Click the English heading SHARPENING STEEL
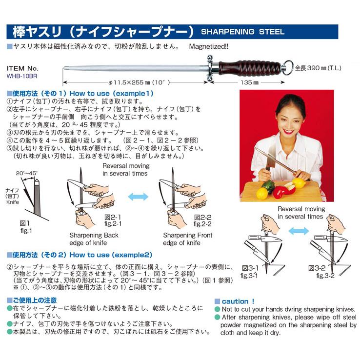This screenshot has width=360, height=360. [x=242, y=32]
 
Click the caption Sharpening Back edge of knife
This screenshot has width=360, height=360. [x=94, y=239]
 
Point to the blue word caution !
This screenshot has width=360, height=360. [x=238, y=301]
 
